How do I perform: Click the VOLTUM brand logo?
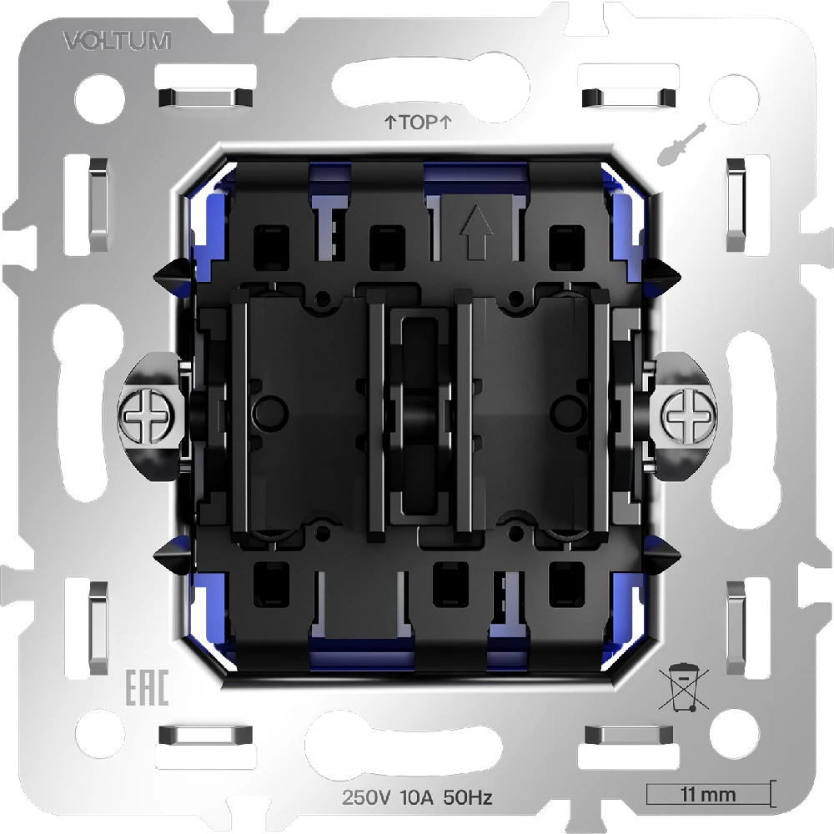point(118,41)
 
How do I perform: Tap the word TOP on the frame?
point(418,123)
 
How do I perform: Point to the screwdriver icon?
point(681,143)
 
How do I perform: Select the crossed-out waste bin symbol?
point(684,686)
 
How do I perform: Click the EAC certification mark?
point(147,687)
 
